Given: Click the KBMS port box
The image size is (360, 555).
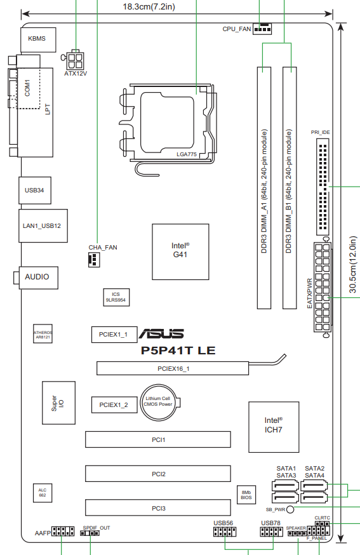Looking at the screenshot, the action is [x=38, y=39].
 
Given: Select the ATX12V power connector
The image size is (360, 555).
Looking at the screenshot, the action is [x=75, y=60].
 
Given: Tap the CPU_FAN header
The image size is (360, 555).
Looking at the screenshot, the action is [x=262, y=29].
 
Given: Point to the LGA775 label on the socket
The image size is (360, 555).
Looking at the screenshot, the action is [x=187, y=154].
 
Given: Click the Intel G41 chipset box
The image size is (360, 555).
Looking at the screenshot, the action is [x=180, y=251].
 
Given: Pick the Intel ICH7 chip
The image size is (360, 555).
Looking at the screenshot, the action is [x=274, y=427].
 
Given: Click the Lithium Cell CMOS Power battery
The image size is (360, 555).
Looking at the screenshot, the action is [x=158, y=403].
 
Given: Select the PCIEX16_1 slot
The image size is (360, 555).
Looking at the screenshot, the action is [x=173, y=368].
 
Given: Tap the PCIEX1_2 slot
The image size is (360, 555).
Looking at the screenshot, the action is [x=114, y=405].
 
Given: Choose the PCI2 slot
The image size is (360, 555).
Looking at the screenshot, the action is [x=158, y=474].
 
